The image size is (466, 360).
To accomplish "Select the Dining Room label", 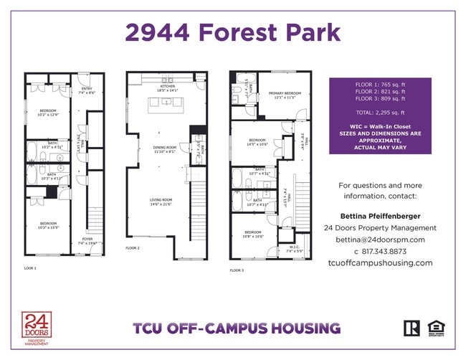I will click(x=164, y=149).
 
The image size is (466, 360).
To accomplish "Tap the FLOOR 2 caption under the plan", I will click(x=133, y=247).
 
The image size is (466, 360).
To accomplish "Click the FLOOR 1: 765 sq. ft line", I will click(x=380, y=85).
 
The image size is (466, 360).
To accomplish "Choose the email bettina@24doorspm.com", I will click(x=380, y=240).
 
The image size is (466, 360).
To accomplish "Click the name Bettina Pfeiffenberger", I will click(x=380, y=216).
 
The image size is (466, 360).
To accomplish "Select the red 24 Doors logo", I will click(x=34, y=328).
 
